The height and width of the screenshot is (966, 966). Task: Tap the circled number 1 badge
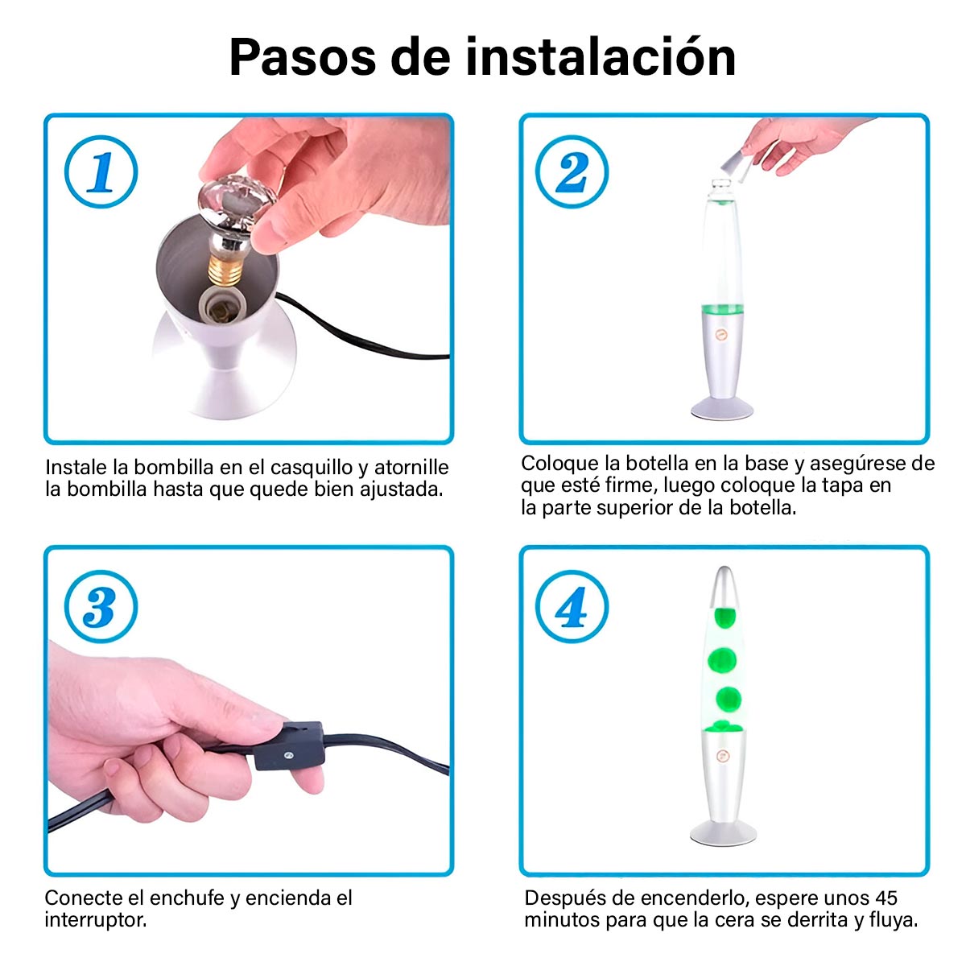pos(101,172)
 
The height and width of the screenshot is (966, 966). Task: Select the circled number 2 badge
pos(572,172)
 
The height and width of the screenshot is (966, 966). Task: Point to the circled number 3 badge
pos(101,607)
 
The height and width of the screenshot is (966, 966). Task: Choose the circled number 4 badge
pos(572,607)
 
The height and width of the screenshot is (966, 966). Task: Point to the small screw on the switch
pos(287,755)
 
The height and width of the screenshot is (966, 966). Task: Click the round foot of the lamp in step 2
pos(722,409)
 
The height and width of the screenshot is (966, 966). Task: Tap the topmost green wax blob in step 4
pos(724,617)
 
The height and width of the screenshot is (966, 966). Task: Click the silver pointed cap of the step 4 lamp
pos(724,587)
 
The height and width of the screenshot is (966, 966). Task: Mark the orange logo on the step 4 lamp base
pos(722,756)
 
